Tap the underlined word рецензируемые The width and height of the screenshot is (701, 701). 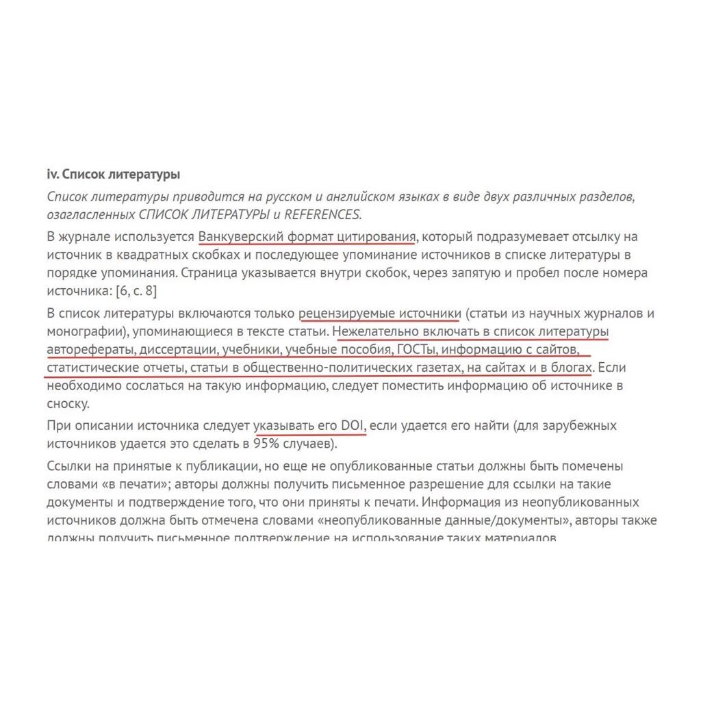coord(345,314)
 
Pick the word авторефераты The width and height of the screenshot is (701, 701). coord(89,350)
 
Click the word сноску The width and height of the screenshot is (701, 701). coord(68,403)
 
